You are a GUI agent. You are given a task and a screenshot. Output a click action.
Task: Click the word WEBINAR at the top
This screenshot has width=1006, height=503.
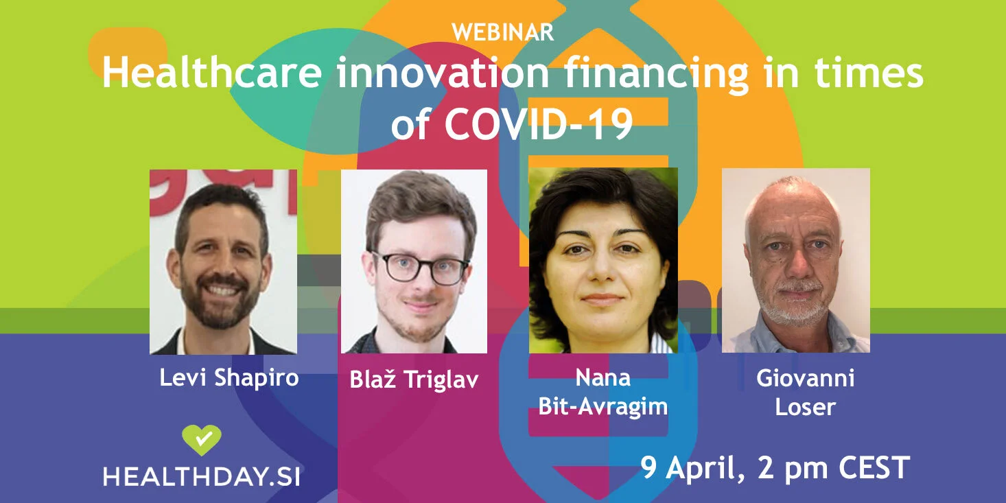coord(503,32)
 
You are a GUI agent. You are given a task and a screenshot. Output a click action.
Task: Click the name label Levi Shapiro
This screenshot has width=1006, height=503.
coord(229,377)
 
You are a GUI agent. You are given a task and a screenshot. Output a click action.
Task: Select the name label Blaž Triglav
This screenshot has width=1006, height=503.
coord(414,379)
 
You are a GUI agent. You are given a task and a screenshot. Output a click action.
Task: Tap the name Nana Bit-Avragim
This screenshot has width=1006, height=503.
coord(603,392)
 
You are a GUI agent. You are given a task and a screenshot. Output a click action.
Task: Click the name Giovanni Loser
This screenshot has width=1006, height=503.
coord(805,393)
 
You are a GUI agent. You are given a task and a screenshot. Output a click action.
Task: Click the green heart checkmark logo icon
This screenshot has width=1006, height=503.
coord(202,440)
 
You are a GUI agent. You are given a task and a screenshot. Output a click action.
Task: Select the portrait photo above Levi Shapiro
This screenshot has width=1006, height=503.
coord(223,261)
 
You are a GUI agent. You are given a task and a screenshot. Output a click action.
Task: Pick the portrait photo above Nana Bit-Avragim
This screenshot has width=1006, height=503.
coord(603,260)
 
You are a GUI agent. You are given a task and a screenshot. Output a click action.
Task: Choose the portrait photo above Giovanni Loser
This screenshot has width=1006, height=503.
coord(795,260)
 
